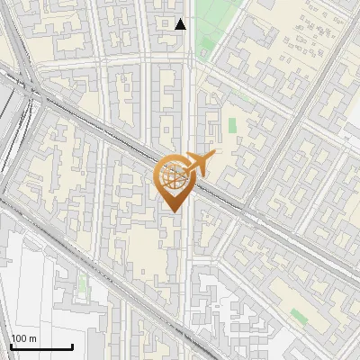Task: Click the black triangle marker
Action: (181, 24)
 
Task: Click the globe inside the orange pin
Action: (172, 178)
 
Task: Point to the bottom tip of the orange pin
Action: (172, 211)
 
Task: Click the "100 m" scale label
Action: (23, 338)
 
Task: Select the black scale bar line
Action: (41, 346)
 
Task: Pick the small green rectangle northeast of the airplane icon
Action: (232, 125)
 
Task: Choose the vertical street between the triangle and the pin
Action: (189, 99)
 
